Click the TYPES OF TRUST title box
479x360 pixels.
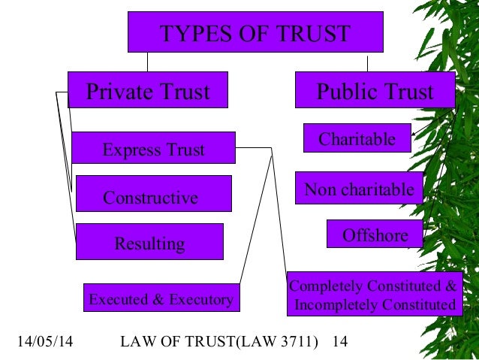click(x=255, y=34)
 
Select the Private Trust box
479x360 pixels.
click(x=147, y=92)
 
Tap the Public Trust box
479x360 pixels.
click(x=375, y=92)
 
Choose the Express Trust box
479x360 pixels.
click(x=153, y=150)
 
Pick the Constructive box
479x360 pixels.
click(x=153, y=197)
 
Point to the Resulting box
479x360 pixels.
click(x=149, y=243)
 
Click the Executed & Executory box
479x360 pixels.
click(x=161, y=299)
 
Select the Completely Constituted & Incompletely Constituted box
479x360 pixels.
click(x=373, y=295)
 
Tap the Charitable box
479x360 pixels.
click(x=357, y=138)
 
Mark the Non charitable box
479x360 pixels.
click(x=359, y=189)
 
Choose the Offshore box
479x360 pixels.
click(x=375, y=234)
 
